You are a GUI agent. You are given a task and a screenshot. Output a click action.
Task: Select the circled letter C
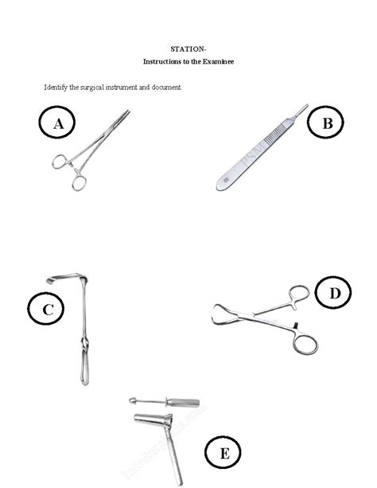tap(48, 310)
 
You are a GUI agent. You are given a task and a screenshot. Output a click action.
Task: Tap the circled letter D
tap(334, 294)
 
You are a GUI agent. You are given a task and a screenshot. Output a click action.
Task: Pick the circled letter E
tap(223, 454)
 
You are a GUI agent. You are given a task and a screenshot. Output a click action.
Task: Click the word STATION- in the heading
tap(188, 49)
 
